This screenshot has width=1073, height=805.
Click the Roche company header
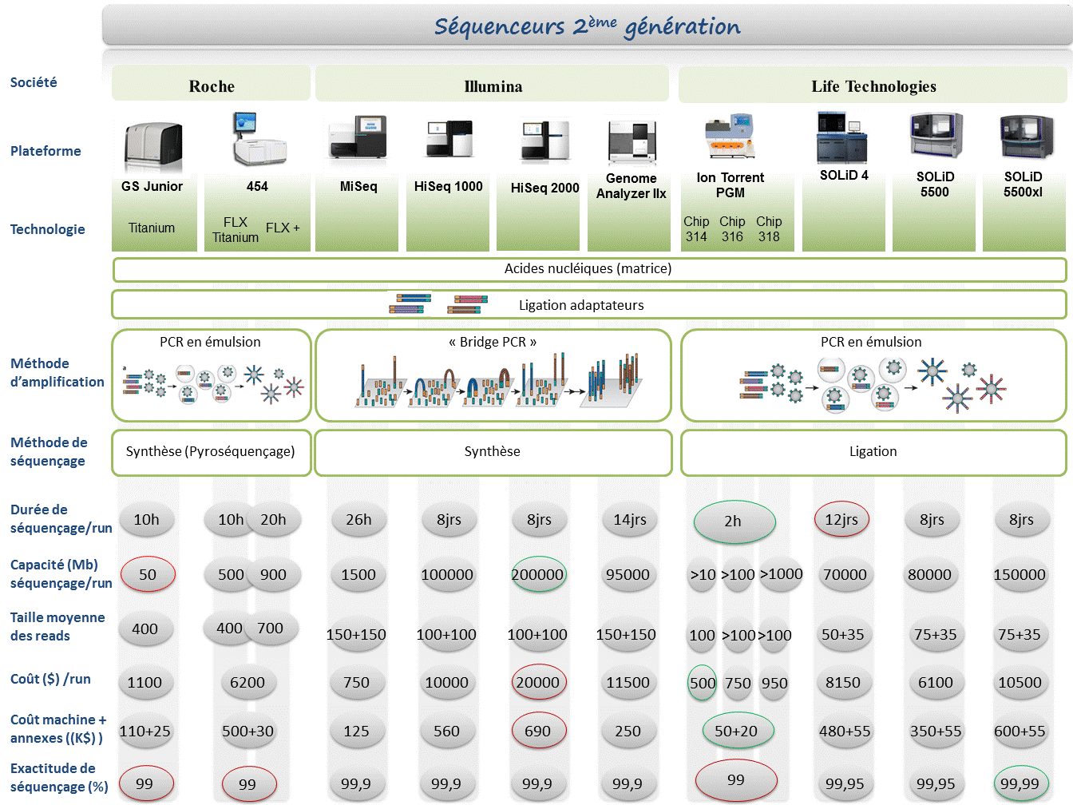pos(212,85)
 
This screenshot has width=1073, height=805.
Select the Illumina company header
pos(493,85)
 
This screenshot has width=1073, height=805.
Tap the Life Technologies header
pos(873,85)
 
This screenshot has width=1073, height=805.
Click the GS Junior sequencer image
pos(153,146)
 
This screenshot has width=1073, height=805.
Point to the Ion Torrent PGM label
pos(730,184)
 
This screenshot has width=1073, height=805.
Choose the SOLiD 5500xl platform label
pos(1023,184)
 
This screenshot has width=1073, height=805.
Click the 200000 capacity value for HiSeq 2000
pos(538,574)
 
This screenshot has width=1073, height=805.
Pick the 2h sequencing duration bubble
pos(734,521)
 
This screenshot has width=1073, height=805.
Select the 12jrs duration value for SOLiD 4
pos(841,520)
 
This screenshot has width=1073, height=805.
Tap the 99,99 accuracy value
pos(1020,783)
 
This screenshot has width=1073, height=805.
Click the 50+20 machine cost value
pos(736,731)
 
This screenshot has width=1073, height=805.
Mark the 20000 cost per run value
pos(538,682)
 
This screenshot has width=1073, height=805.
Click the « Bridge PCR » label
pos(493,342)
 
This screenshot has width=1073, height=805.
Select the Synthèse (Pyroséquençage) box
pos(211,452)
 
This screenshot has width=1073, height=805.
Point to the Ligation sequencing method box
pos(873,452)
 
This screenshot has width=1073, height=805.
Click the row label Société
pos(34,82)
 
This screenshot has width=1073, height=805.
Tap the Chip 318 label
pos(769,228)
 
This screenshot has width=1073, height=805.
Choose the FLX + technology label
pos(283,228)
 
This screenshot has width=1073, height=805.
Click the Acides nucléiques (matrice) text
pos(588,268)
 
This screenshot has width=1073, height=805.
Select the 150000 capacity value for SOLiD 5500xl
pos(1020,574)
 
